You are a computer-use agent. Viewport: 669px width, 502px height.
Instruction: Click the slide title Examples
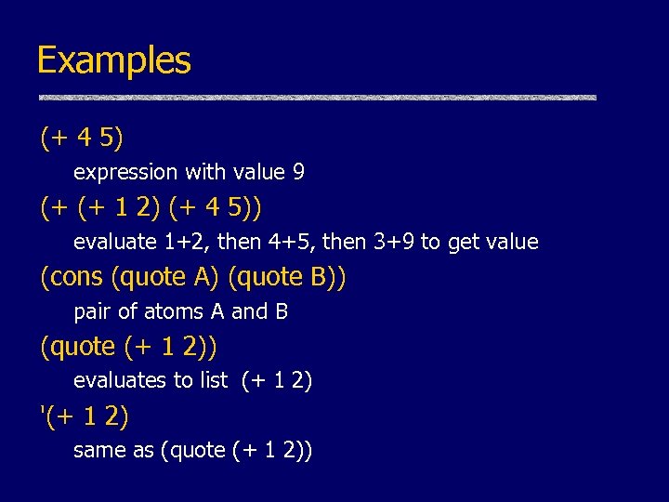(x=113, y=60)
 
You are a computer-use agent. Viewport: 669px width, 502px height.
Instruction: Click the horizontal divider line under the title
(x=317, y=98)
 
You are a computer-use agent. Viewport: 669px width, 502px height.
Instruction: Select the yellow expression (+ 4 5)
(x=82, y=139)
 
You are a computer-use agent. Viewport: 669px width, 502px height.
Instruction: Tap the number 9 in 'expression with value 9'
(x=298, y=172)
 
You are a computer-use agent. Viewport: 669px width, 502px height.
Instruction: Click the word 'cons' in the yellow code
(x=75, y=277)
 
